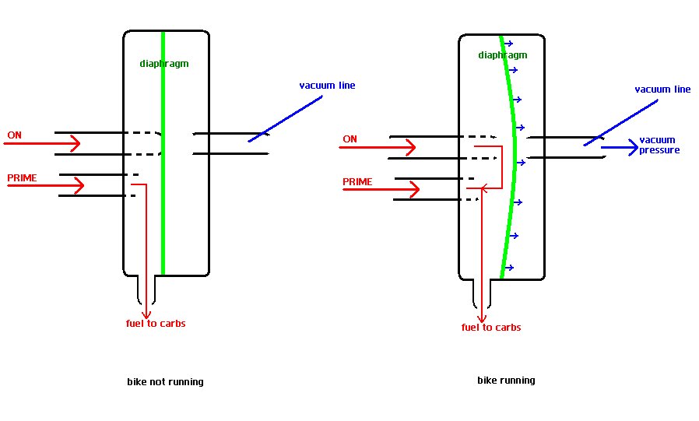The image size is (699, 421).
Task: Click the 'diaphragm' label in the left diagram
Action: (x=164, y=64)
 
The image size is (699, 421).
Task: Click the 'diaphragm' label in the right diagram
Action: (x=502, y=55)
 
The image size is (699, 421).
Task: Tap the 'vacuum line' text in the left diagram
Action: (x=327, y=85)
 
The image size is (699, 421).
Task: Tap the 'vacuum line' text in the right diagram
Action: (x=662, y=89)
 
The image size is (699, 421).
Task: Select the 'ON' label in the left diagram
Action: (x=15, y=135)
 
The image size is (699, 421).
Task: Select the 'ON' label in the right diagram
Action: (x=350, y=139)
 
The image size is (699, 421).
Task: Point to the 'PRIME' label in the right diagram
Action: (x=357, y=182)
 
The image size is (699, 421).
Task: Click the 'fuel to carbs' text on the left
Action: (x=156, y=323)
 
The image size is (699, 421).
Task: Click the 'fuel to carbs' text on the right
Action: (x=490, y=328)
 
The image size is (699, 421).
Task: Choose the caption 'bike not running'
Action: (x=165, y=382)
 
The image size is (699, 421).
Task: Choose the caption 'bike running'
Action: (x=506, y=381)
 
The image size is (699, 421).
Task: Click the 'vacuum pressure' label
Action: (x=659, y=145)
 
